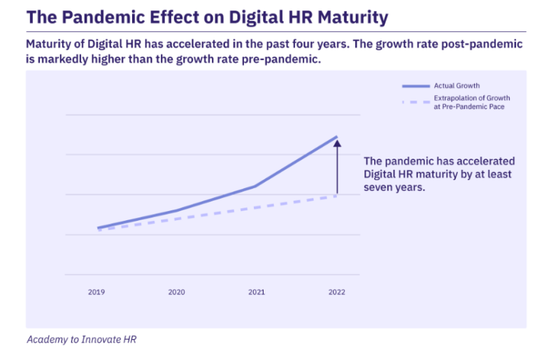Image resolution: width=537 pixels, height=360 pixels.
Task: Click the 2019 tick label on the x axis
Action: click(x=96, y=292)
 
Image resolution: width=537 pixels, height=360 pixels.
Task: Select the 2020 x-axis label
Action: click(x=176, y=292)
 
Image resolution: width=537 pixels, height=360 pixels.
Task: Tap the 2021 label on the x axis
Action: click(x=257, y=292)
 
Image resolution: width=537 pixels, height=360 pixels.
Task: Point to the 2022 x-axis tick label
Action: click(x=336, y=292)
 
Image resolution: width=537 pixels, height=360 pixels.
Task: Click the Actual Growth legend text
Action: click(x=457, y=86)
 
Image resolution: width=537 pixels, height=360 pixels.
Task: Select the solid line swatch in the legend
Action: click(x=415, y=86)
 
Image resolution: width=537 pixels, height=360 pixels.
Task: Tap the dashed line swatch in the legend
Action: click(x=415, y=102)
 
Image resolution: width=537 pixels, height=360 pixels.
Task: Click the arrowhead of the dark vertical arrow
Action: click(x=337, y=143)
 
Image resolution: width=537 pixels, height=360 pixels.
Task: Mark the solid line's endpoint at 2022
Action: click(x=337, y=136)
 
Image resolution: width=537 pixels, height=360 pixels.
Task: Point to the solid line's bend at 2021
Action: click(x=256, y=186)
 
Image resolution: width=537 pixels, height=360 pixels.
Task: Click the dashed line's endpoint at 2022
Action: click(x=337, y=196)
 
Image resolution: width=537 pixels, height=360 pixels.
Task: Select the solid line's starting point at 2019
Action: click(x=98, y=228)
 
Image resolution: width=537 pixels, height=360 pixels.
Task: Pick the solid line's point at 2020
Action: click(x=176, y=210)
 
